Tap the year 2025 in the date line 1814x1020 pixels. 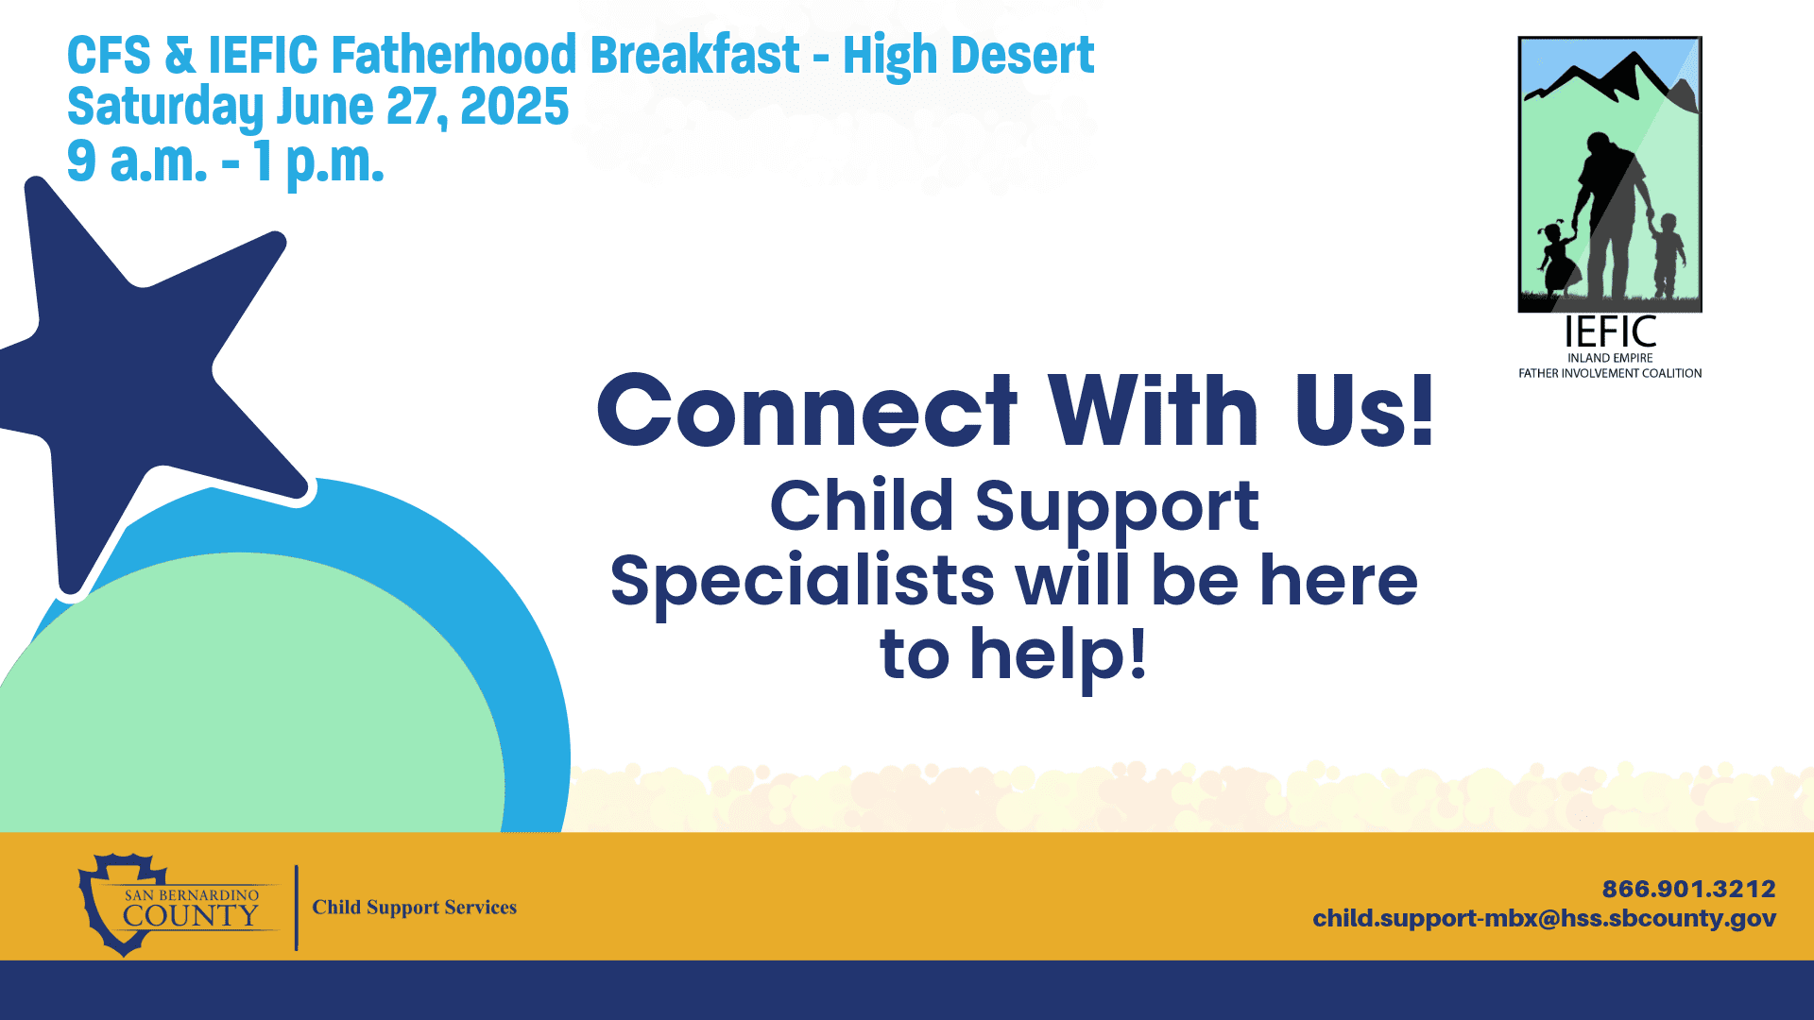click(514, 106)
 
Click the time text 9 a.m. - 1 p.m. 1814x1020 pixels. click(226, 161)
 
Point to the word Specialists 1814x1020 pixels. click(802, 582)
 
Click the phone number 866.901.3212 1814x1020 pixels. click(1688, 889)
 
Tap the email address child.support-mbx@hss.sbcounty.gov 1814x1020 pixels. click(1544, 918)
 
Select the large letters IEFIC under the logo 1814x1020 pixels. click(1610, 332)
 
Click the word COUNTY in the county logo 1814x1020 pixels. click(190, 915)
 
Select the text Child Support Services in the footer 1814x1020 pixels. click(415, 908)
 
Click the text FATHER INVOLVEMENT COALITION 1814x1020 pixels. click(1610, 373)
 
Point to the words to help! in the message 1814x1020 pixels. click(1013, 654)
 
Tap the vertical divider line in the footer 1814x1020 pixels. click(297, 908)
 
